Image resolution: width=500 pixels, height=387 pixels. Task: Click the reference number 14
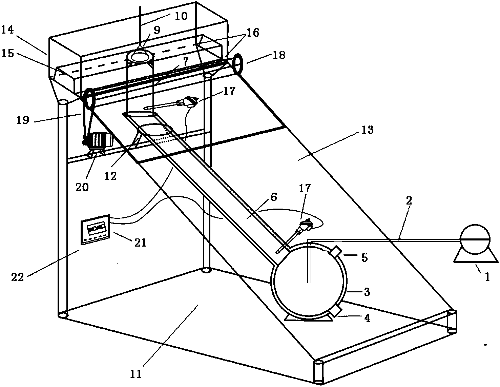(x=7, y=30)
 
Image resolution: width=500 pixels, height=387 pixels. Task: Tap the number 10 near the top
(x=181, y=16)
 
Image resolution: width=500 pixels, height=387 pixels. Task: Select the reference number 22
(x=18, y=277)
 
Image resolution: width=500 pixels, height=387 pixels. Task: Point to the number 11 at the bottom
(x=136, y=374)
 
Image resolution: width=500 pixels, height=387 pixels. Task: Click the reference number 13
(x=368, y=130)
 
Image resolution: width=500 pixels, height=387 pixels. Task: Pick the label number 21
(x=141, y=243)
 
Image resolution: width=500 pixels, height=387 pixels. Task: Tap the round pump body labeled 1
(x=475, y=239)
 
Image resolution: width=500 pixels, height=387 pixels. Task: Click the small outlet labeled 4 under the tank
(x=335, y=311)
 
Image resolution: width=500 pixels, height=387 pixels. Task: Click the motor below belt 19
(x=99, y=140)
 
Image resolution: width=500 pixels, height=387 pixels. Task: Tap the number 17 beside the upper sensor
(x=229, y=91)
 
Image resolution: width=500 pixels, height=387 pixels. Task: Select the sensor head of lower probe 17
(x=305, y=224)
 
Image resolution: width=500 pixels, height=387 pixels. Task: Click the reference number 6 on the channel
(x=274, y=197)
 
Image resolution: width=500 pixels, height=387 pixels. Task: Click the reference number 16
(x=253, y=33)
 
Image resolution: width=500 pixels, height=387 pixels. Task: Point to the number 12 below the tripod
(x=110, y=176)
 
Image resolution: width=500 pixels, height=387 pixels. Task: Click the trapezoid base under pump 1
(x=476, y=258)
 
